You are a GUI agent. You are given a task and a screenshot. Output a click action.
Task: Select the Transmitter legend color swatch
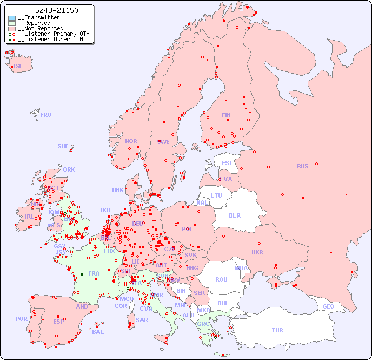point(12,18)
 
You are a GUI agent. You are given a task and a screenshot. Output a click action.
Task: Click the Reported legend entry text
point(36,23)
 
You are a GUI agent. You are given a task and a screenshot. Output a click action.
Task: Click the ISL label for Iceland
point(18,67)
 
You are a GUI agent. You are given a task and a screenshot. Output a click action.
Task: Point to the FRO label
point(46,115)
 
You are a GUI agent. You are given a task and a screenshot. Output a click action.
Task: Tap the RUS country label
point(302,166)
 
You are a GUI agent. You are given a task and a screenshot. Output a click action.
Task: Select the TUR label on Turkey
point(277,330)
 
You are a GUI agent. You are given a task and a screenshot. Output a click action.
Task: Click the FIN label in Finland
point(226,115)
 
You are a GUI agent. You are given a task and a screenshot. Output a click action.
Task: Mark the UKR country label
point(257,252)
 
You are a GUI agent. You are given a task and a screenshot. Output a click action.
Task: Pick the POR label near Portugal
point(21,319)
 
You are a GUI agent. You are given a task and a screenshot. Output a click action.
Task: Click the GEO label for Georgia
point(328,306)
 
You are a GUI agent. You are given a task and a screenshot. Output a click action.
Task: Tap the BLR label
point(235,215)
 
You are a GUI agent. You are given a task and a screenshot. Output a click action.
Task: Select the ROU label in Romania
point(221,279)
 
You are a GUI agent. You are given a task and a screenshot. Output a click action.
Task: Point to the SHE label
point(63,146)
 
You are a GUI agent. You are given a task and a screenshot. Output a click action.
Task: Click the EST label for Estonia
point(227,163)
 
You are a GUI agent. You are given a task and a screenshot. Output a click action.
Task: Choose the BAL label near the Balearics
point(98,332)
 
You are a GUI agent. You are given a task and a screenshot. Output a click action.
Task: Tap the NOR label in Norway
point(131,141)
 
